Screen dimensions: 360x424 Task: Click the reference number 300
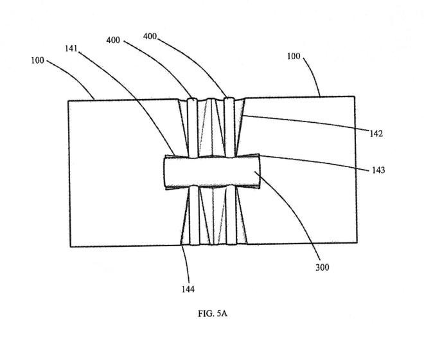point(323,267)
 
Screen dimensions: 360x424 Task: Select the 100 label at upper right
point(294,57)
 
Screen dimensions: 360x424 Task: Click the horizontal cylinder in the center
point(212,173)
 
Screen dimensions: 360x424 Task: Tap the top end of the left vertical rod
point(191,100)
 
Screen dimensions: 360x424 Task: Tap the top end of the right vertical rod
point(227,100)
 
